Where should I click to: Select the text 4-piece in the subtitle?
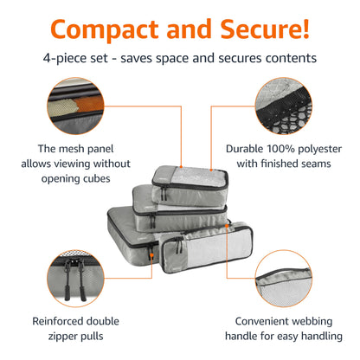coord(67,58)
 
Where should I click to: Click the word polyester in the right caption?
coord(333,148)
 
